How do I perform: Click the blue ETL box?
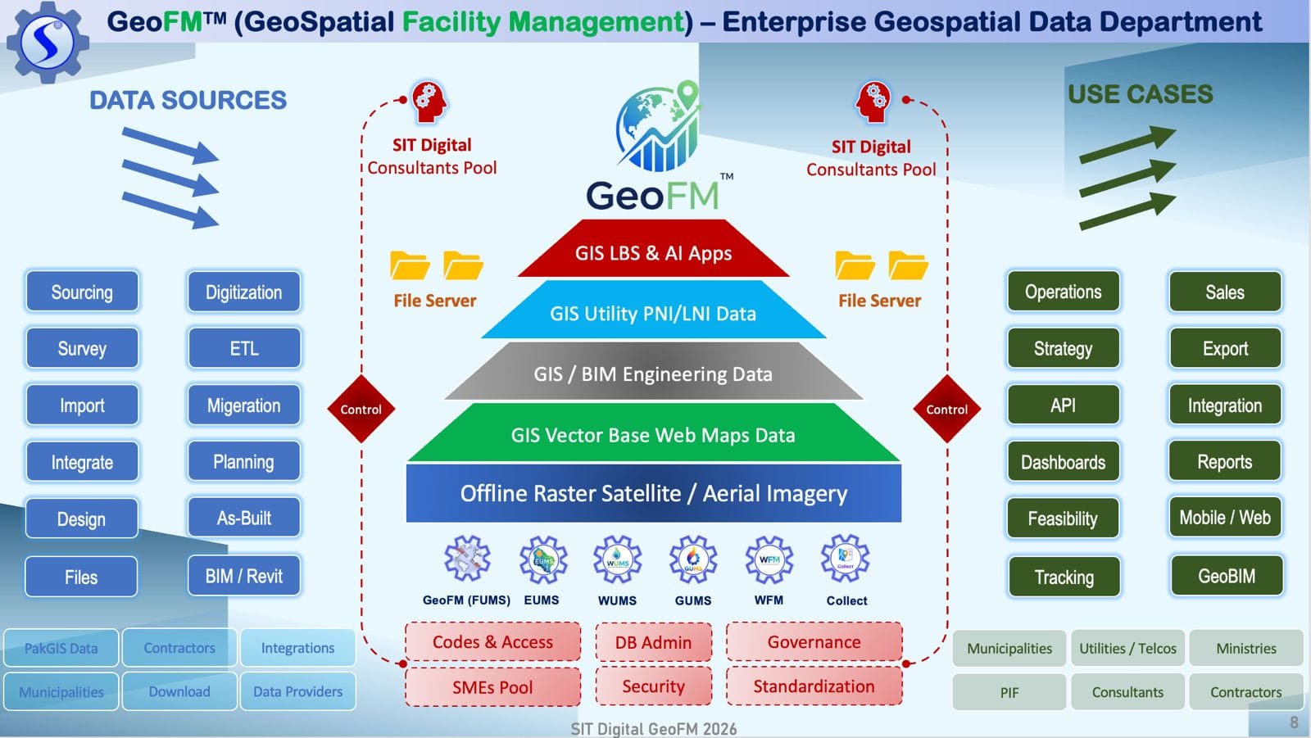pyautogui.click(x=244, y=348)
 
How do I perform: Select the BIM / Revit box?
pyautogui.click(x=244, y=576)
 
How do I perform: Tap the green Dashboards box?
pyautogui.click(x=1063, y=462)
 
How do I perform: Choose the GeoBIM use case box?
pyautogui.click(x=1226, y=576)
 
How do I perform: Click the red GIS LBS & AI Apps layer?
pyautogui.click(x=653, y=252)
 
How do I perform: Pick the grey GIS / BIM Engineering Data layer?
pyautogui.click(x=653, y=374)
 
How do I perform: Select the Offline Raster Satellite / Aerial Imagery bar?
pyautogui.click(x=653, y=493)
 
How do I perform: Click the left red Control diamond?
pyautogui.click(x=361, y=409)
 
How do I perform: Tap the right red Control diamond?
pyautogui.click(x=946, y=409)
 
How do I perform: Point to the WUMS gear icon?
pyautogui.click(x=617, y=560)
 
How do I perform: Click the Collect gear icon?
pyautogui.click(x=845, y=559)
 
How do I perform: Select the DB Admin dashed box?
pyautogui.click(x=653, y=642)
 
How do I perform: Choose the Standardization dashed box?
pyautogui.click(x=814, y=686)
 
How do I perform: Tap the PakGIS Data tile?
pyautogui.click(x=61, y=648)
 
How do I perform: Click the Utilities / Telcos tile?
pyautogui.click(x=1127, y=648)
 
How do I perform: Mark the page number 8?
pyautogui.click(x=1294, y=722)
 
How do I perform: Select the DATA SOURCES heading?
pyautogui.click(x=188, y=100)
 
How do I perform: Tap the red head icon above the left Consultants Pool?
pyautogui.click(x=429, y=102)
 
